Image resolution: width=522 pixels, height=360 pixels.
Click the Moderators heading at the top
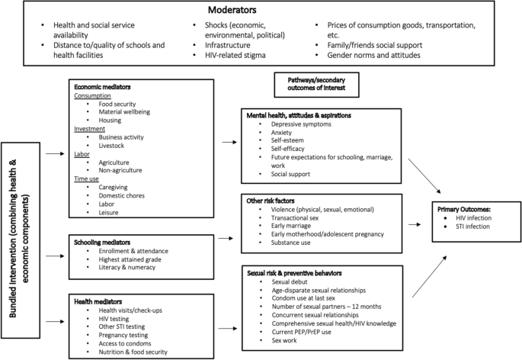261,12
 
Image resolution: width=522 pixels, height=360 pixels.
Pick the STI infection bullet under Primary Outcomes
469,226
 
